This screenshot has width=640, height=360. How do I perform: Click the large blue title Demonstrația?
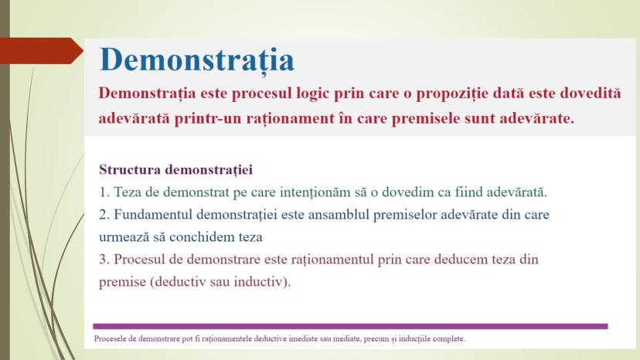(196, 60)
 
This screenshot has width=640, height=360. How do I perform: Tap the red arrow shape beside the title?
(41, 51)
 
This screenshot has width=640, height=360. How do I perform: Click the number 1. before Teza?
(104, 192)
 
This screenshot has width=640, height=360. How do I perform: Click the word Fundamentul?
(153, 214)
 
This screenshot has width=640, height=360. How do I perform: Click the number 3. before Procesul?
(104, 259)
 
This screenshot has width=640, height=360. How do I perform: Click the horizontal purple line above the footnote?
(350, 326)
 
